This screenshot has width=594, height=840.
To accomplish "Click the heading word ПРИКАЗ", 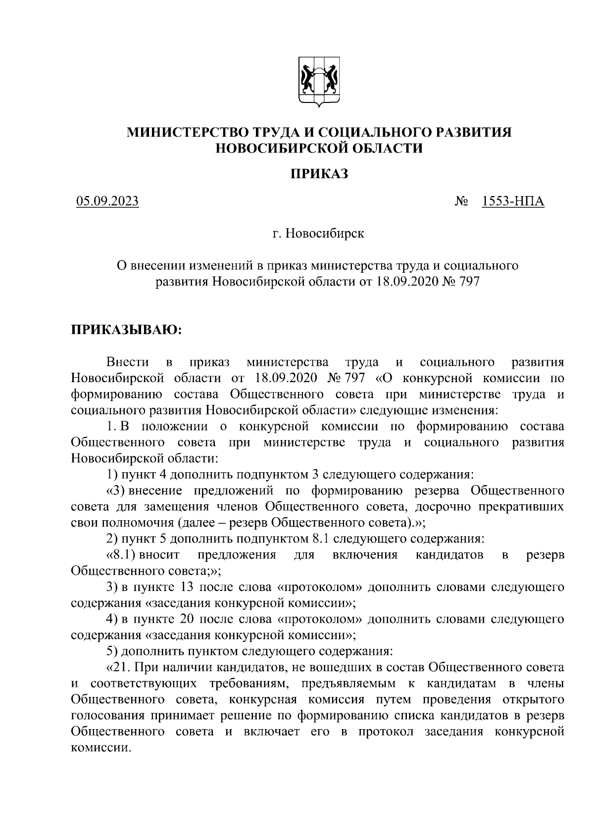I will (x=319, y=173).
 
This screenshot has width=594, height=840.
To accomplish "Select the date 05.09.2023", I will (x=107, y=201).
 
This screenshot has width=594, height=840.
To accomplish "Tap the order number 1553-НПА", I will (x=513, y=201).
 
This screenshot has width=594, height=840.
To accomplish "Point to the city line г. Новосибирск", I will (x=318, y=233).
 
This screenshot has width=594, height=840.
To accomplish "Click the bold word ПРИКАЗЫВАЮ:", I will (x=127, y=330).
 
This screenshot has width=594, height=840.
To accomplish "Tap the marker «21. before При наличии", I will (x=118, y=667).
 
